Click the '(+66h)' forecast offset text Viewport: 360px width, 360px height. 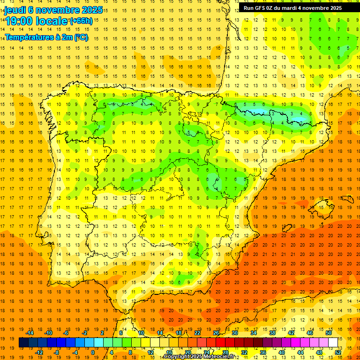(x=81, y=21)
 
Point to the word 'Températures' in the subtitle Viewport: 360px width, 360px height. (x=29, y=37)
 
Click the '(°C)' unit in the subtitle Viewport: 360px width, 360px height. (x=80, y=37)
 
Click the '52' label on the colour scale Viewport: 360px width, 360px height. (x=338, y=352)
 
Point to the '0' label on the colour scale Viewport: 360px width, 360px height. (x=93, y=352)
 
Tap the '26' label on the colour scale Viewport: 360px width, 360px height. (x=216, y=333)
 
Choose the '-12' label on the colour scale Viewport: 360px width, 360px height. (x=39, y=352)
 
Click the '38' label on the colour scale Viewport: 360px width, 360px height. (x=272, y=333)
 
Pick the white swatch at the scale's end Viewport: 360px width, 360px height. (x=333, y=343)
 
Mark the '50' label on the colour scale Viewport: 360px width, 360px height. (x=329, y=333)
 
